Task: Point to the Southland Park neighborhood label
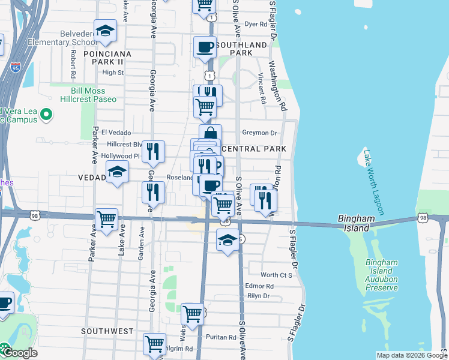tap(241, 49)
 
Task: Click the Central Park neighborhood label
tap(251, 148)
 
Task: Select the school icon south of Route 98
tap(227, 241)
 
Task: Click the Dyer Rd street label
tap(255, 24)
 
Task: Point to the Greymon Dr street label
tap(259, 133)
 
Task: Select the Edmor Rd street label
tap(260, 286)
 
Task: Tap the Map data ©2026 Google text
tap(410, 355)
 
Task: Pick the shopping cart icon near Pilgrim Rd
tap(155, 344)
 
